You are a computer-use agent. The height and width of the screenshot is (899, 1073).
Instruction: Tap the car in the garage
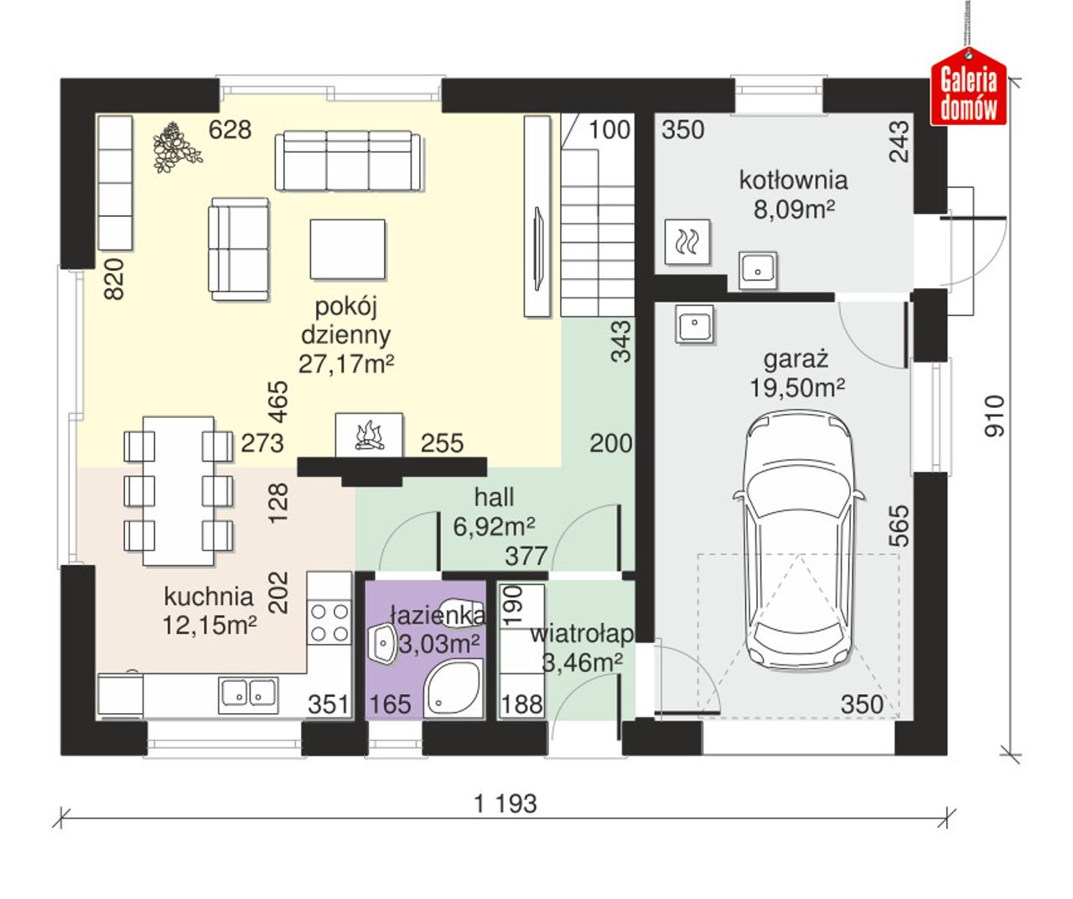point(798,539)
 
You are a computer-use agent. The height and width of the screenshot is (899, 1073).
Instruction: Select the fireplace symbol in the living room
point(369,435)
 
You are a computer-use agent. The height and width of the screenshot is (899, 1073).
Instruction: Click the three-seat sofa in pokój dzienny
point(348,161)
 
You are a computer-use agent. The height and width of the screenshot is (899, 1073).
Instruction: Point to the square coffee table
point(347,249)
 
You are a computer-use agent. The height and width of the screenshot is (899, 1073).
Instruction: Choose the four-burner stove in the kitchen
point(329,623)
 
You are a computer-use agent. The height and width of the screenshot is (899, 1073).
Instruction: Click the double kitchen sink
point(248,695)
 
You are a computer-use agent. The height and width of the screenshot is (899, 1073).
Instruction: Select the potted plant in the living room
point(176,148)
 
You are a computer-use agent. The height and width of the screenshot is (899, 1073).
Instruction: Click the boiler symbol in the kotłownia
point(687,242)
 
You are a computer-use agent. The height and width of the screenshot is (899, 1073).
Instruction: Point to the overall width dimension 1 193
point(505,803)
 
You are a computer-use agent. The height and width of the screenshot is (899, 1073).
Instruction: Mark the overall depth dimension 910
point(994,416)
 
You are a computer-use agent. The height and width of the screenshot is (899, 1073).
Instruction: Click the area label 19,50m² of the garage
point(797,388)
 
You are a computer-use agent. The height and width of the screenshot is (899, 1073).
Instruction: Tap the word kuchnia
point(209,597)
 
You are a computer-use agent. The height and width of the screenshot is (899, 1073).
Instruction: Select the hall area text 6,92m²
point(494,526)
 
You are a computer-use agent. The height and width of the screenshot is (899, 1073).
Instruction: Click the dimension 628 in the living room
point(230,130)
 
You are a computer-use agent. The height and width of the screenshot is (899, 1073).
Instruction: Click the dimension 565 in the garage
point(899,526)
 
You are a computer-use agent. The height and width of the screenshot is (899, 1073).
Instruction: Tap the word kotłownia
point(794,180)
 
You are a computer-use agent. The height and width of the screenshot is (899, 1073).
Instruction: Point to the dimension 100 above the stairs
point(609,130)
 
